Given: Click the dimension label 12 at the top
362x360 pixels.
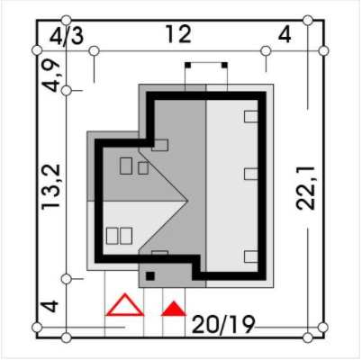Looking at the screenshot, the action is click(178, 34).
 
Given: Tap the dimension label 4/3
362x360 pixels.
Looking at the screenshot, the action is click(67, 37).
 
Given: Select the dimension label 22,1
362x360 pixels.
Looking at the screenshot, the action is click(305, 188).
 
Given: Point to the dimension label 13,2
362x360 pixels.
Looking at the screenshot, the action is click(51, 187).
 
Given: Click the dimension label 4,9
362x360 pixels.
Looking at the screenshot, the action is click(51, 75).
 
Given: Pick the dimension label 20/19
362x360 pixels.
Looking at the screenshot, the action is click(223, 324).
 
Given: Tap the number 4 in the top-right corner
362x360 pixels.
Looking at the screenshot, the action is click(285, 35).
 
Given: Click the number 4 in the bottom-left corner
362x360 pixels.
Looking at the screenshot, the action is click(50, 306).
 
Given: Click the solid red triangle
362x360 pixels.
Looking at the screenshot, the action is click(174, 309).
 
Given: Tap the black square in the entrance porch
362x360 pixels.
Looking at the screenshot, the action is click(150, 276).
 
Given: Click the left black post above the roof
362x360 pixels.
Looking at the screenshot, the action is click(187, 65).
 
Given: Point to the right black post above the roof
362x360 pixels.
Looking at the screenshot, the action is click(224, 65).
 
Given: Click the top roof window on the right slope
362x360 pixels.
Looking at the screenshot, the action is click(251, 117).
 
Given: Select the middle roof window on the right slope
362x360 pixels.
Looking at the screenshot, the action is click(251, 174).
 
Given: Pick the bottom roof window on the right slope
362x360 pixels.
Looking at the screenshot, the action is click(251, 257).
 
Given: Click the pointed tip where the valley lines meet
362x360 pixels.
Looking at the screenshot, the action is click(187, 201).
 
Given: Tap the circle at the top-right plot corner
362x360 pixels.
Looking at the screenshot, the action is click(323, 51).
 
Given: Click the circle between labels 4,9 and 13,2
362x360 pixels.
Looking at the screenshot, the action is click(67, 90).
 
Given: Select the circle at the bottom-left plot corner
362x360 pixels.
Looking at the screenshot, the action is click(37, 327).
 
